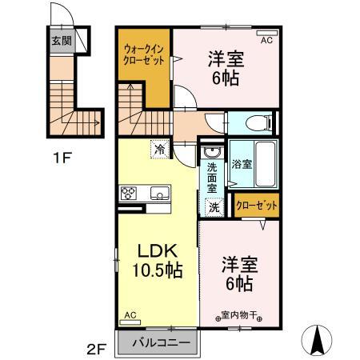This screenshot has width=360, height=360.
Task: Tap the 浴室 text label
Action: (x=242, y=164)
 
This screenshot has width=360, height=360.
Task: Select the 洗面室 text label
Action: (x=212, y=178)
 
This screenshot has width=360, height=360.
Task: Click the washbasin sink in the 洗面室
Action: (x=211, y=152)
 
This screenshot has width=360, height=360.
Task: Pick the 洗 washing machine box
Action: (x=214, y=206)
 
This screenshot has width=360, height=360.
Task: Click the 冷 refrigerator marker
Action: (x=161, y=149)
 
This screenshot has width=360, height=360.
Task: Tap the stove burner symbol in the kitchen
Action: (x=130, y=193)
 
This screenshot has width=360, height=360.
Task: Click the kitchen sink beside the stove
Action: (x=158, y=193)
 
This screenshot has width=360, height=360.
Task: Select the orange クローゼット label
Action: (x=256, y=206)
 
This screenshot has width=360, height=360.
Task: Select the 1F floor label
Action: (x=62, y=157)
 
